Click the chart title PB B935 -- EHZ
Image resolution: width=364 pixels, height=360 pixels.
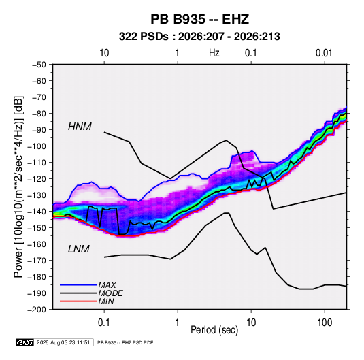199,19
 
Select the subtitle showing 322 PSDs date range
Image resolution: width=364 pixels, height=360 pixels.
199,37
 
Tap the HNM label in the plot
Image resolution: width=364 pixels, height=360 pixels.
80,127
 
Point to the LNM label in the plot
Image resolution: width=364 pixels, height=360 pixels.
79,249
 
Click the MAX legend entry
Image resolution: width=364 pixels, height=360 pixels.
107,285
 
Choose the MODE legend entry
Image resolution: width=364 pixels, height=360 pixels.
110,293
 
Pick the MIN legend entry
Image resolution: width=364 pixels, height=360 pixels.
106,301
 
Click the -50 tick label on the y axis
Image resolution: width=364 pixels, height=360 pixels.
39,65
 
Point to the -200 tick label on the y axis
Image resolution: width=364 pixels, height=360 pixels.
37,310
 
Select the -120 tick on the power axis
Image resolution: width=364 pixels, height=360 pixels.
37,179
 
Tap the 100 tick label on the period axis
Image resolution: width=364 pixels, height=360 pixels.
325,323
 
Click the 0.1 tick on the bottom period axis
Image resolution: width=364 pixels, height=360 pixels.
104,323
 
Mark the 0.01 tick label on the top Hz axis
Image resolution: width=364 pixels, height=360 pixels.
324,53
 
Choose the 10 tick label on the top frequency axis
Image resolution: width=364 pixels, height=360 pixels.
104,53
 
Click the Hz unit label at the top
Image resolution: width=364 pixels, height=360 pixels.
214,53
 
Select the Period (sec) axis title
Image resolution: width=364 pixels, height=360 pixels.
214,330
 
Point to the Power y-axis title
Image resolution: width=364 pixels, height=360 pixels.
18,187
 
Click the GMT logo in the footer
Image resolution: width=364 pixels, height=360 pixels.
24,342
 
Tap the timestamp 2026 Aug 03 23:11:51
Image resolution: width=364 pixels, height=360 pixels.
63,342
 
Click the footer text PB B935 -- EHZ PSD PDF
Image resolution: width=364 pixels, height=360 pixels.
125,342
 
